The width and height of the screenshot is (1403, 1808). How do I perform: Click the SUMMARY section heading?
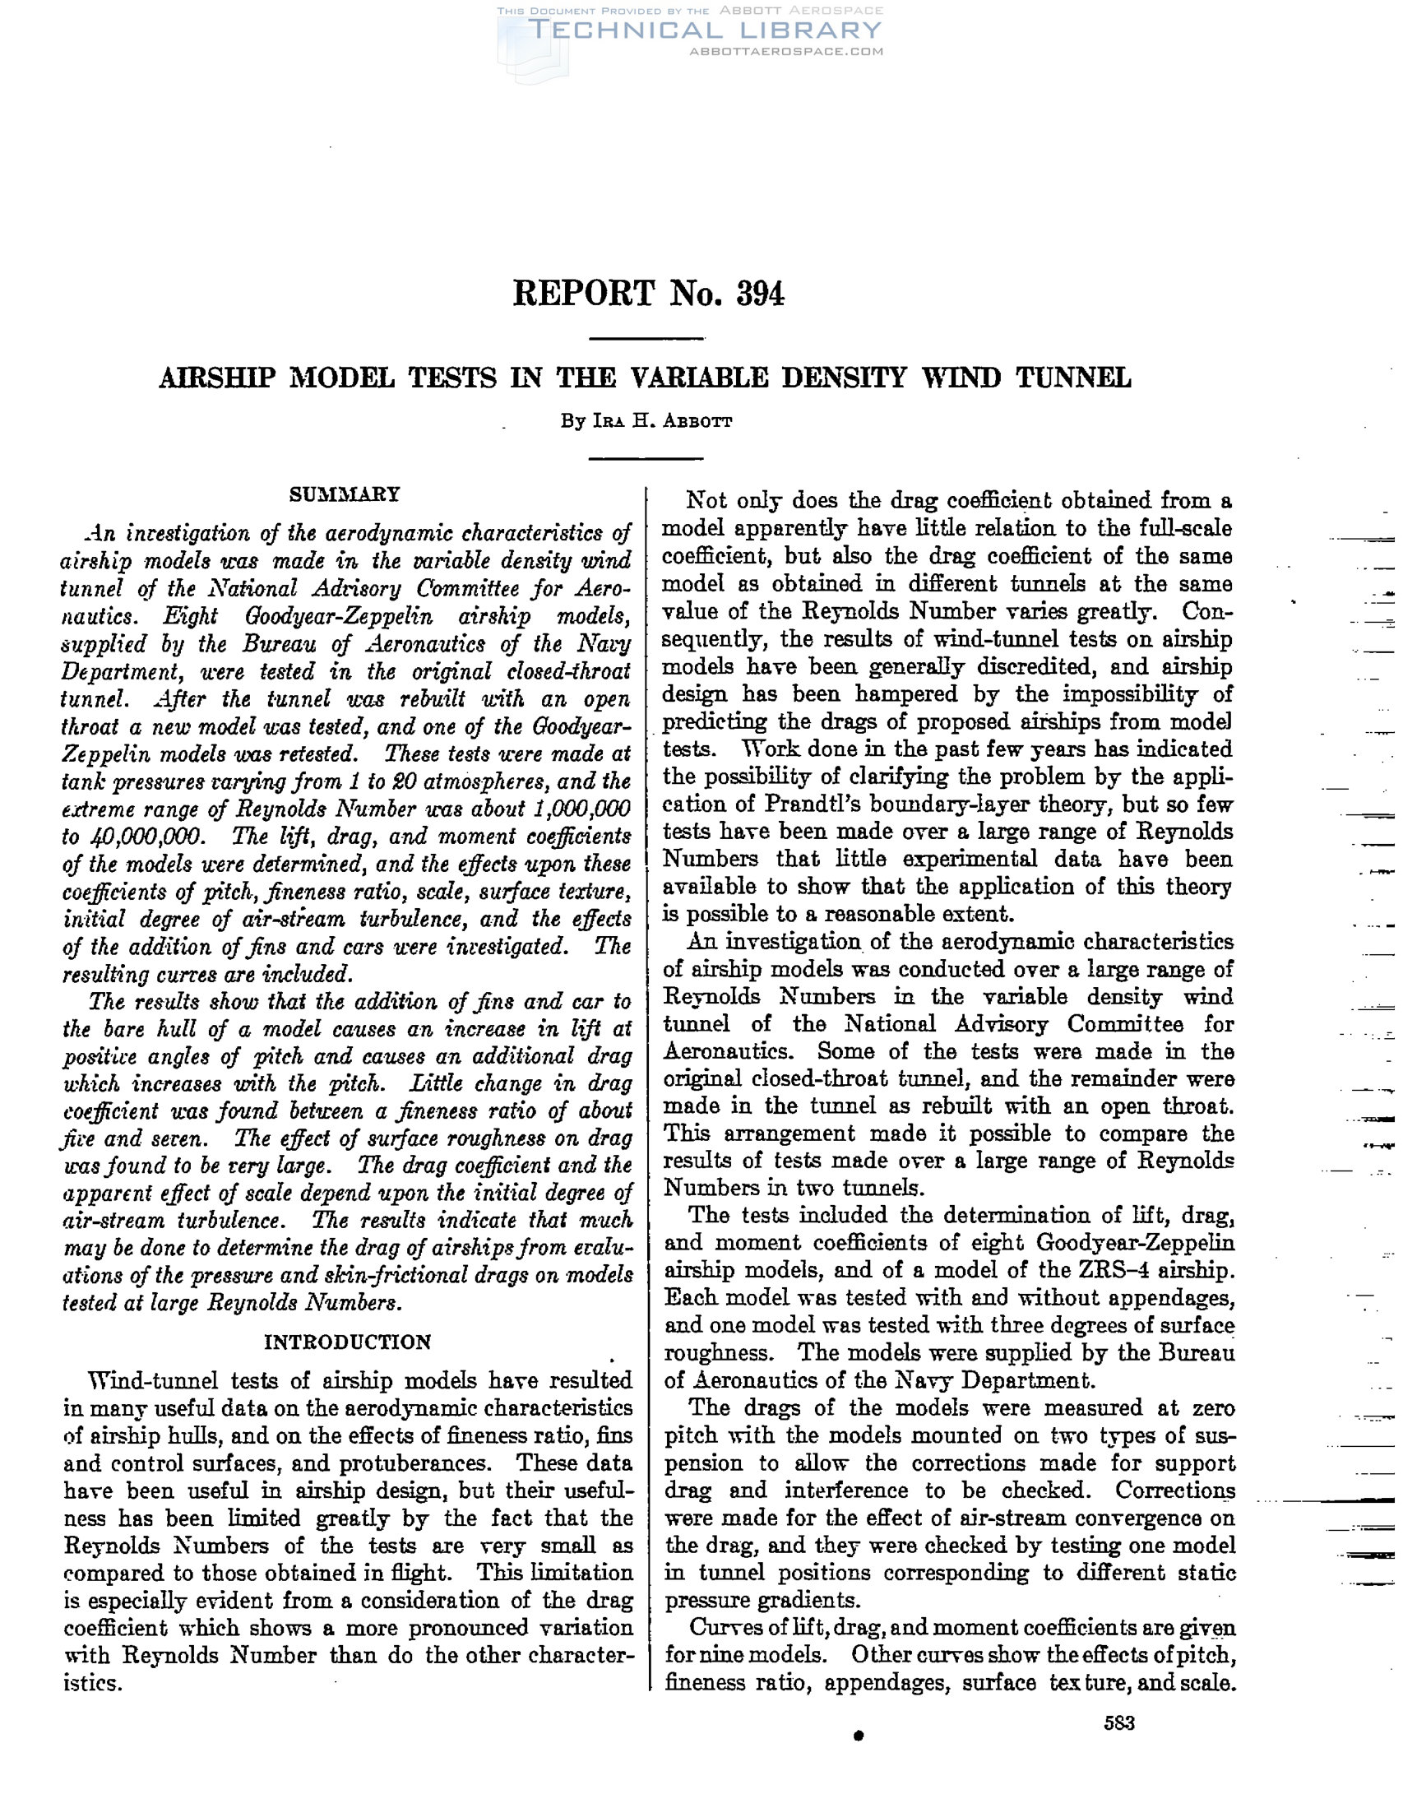tap(345, 494)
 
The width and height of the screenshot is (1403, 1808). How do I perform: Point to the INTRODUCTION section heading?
tap(347, 1342)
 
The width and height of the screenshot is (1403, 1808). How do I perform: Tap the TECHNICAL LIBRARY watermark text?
tap(705, 30)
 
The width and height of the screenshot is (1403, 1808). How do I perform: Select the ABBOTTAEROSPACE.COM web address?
tap(785, 51)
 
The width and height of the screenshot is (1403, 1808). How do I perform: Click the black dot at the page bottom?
tap(859, 1736)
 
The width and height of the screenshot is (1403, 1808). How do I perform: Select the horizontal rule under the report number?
tap(646, 339)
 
